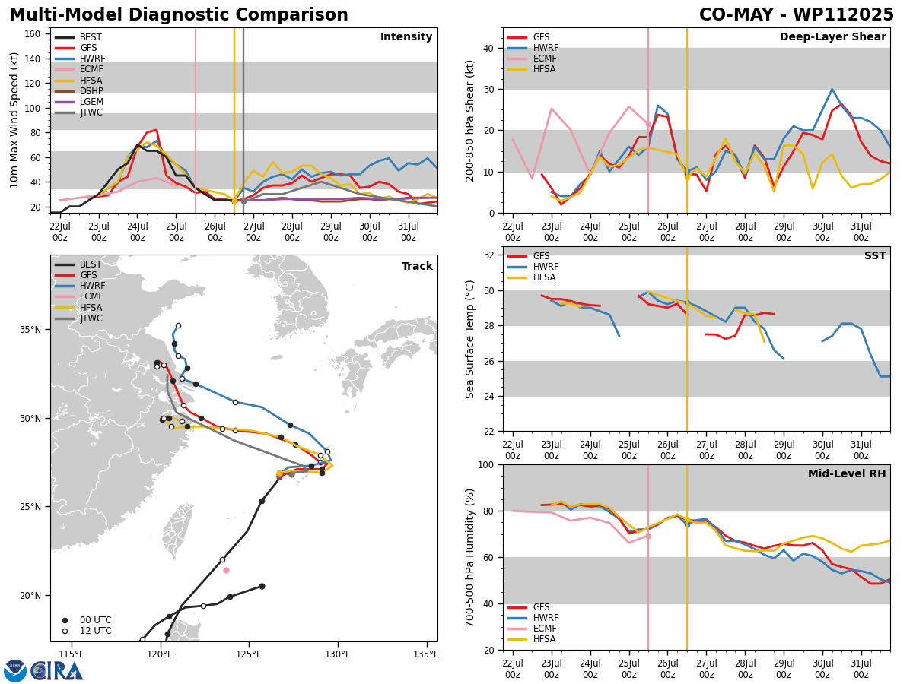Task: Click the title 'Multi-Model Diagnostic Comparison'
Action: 179,14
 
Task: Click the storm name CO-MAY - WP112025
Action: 796,14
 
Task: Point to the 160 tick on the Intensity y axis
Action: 33,34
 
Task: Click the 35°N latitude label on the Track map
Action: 30,330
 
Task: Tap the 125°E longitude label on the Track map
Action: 249,654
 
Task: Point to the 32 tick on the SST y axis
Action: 488,255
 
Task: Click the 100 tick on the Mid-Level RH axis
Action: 486,465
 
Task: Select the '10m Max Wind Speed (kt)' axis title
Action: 14,120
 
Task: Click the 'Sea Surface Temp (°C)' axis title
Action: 469,340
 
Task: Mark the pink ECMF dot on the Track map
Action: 226,571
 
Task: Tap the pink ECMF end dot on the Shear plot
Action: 648,124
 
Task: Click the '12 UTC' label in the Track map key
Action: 96,631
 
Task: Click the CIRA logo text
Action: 57,671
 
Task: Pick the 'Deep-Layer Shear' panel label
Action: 832,37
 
